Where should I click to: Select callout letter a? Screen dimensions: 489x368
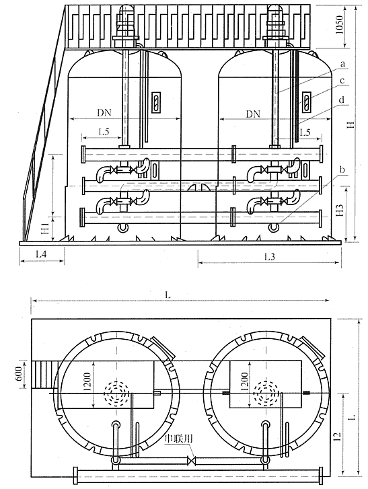point(342,63)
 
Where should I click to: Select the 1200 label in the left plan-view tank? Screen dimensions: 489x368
point(89,383)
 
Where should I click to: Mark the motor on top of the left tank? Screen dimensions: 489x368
point(125,23)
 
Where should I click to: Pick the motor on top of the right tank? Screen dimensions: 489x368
point(274,23)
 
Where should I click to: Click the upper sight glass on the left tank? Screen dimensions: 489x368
point(155,103)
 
